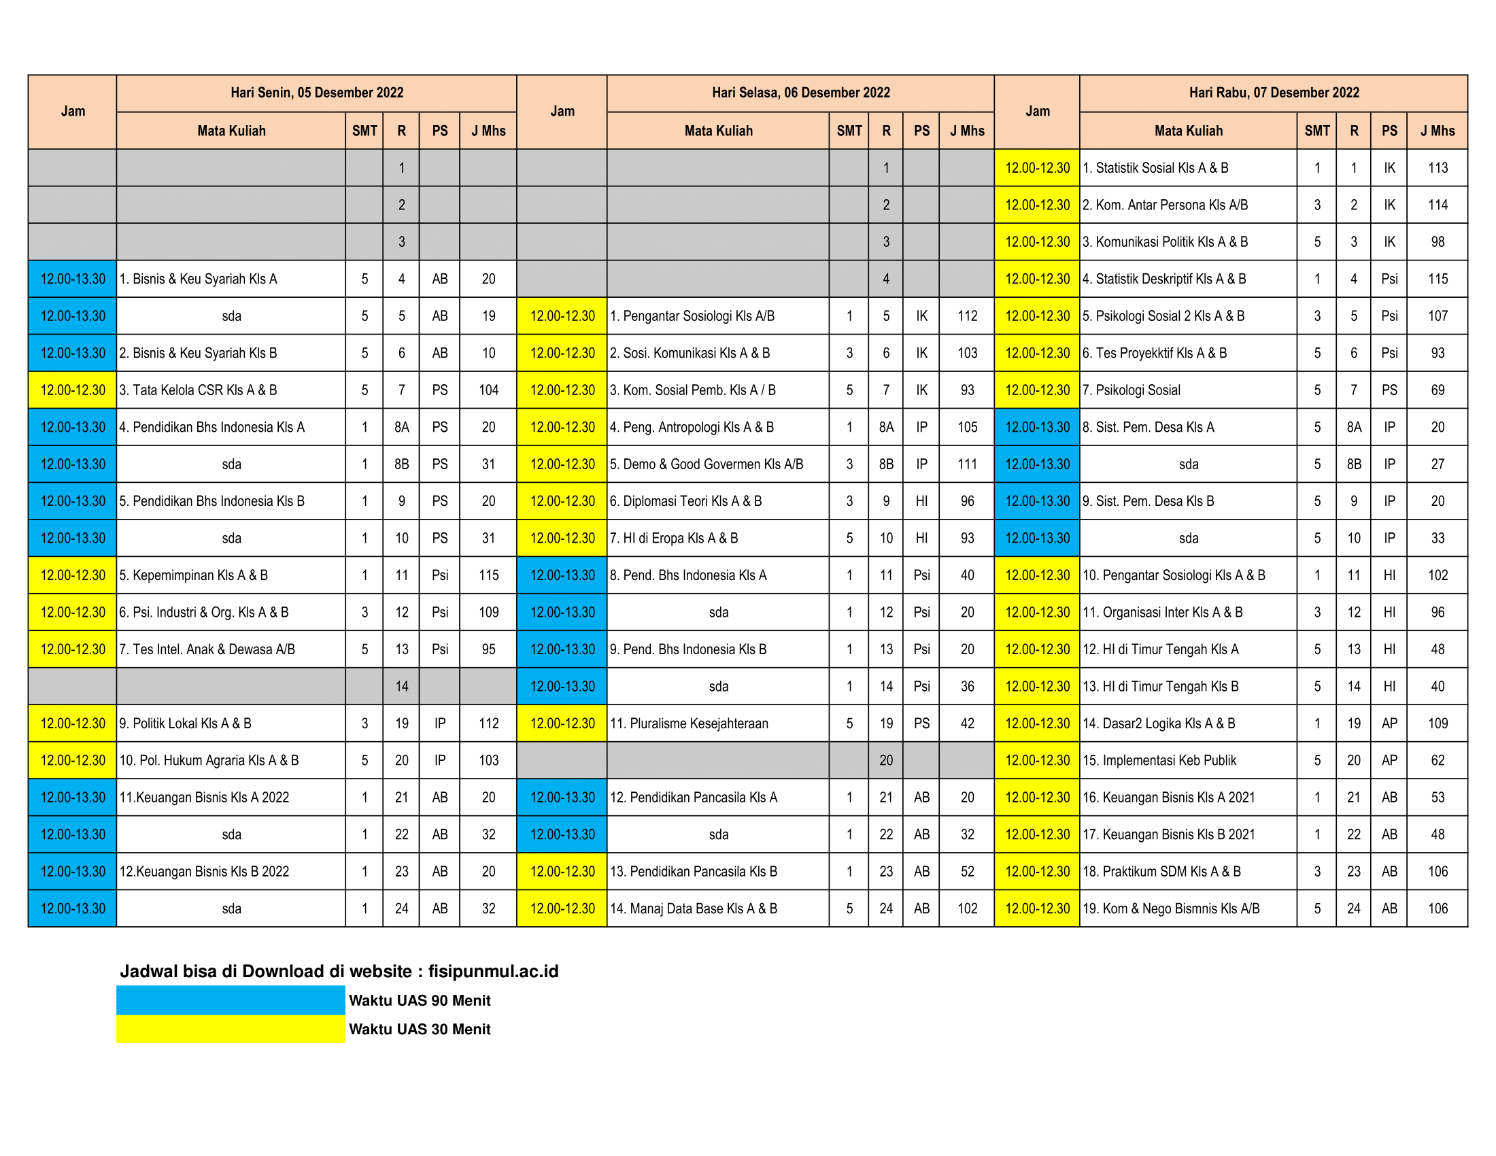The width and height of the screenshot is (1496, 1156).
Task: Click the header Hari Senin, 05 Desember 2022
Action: (316, 93)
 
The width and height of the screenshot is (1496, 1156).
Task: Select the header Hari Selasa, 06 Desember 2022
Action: (800, 93)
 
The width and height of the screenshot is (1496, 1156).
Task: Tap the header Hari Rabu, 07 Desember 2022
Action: (1274, 93)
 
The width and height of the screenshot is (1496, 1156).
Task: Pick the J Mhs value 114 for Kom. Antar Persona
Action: (1437, 205)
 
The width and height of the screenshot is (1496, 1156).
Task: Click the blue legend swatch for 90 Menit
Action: (230, 1000)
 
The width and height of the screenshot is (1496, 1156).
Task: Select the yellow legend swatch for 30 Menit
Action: (230, 1029)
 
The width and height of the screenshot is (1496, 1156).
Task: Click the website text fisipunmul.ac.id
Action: (493, 971)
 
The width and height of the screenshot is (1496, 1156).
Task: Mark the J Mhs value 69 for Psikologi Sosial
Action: (1437, 390)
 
